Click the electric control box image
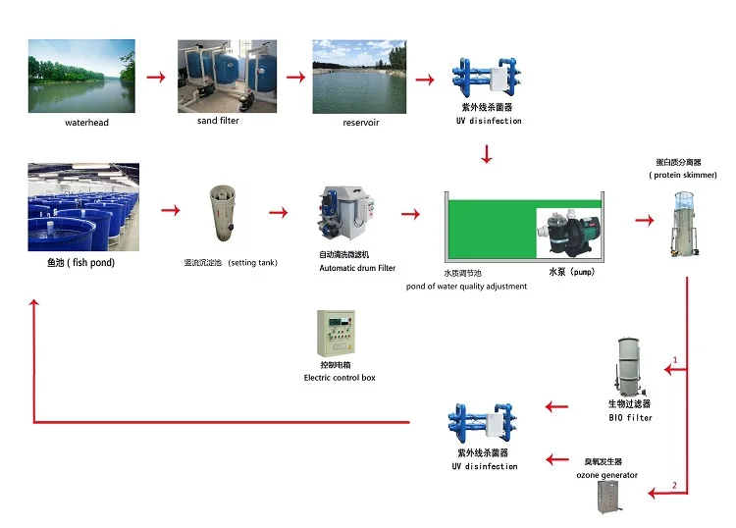tap(336, 335)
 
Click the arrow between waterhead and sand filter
tap(156, 77)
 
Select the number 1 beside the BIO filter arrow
tap(675, 361)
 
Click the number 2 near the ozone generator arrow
tap(674, 486)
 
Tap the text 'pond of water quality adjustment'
tap(466, 287)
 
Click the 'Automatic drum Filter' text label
tap(357, 268)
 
